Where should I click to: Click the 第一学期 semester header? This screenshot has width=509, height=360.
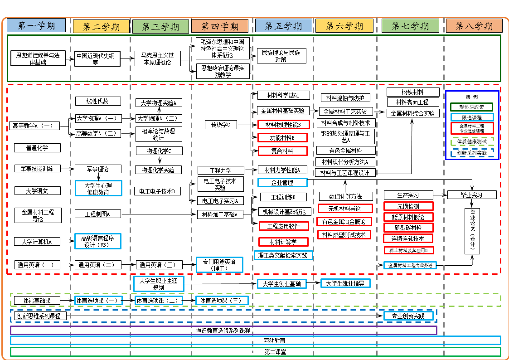pyautogui.click(x=36, y=25)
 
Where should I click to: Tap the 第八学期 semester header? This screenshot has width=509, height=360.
pyautogui.click(x=474, y=26)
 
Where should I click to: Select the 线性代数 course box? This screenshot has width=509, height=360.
pyautogui.click(x=97, y=101)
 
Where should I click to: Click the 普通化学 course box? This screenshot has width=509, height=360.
pyautogui.click(x=37, y=148)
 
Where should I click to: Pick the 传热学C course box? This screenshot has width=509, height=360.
pyautogui.click(x=221, y=124)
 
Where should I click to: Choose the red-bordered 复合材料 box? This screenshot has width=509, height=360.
pyautogui.click(x=282, y=151)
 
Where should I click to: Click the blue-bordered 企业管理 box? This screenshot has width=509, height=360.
pyautogui.click(x=282, y=183)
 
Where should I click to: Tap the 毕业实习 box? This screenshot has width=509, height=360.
pyautogui.click(x=471, y=195)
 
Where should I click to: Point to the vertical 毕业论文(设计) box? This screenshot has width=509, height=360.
pyautogui.click(x=472, y=231)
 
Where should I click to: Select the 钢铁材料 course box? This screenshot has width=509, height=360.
pyautogui.click(x=412, y=92)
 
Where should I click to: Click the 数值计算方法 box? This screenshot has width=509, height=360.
pyautogui.click(x=345, y=196)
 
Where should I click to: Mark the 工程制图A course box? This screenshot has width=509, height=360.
pyautogui.click(x=97, y=214)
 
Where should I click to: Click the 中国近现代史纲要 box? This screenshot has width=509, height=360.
pyautogui.click(x=97, y=59)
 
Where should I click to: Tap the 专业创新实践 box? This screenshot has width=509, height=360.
pyautogui.click(x=408, y=316)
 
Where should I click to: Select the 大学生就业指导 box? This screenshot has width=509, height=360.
pyautogui.click(x=345, y=283)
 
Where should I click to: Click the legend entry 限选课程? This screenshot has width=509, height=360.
pyautogui.click(x=472, y=117)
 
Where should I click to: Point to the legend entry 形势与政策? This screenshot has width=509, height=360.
pyautogui.click(x=472, y=107)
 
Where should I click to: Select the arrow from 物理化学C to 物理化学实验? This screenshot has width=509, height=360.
pyautogui.click(x=159, y=161)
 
